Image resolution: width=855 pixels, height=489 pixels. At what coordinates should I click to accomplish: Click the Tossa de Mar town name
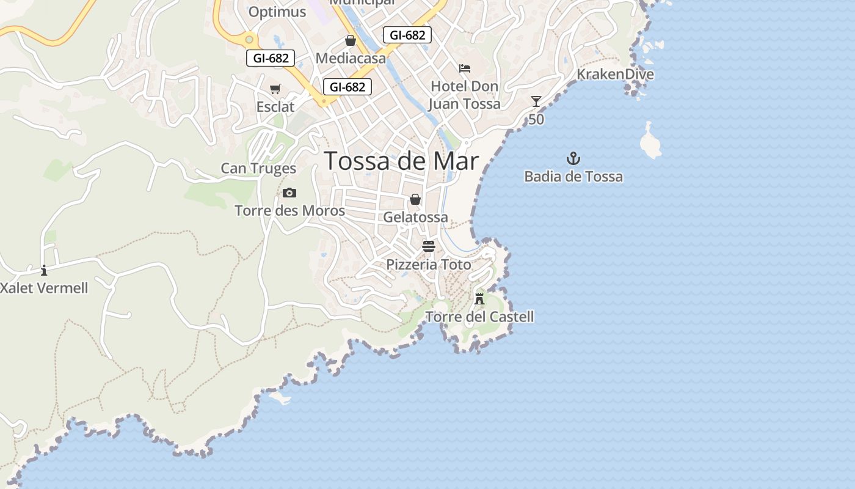(401, 161)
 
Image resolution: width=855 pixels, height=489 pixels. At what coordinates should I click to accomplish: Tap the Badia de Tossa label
(573, 177)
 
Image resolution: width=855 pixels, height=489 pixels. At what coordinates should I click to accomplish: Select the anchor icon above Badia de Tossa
(573, 159)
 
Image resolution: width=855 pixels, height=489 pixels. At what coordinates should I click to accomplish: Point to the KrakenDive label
(615, 75)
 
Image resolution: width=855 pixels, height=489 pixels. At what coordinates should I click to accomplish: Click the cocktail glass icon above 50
(536, 101)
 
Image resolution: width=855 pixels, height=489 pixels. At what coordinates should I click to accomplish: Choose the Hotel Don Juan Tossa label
(464, 95)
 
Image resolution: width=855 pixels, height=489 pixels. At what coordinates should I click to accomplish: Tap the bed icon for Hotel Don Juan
(465, 68)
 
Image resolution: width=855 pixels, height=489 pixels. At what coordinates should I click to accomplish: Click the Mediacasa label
(351, 58)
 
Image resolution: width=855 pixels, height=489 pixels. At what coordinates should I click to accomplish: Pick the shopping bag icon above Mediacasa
(351, 40)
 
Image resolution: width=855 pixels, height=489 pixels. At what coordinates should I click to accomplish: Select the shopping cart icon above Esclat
(275, 89)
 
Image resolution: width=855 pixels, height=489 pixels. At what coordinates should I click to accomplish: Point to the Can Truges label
(258, 168)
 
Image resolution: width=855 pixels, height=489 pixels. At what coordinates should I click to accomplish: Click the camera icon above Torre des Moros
(289, 193)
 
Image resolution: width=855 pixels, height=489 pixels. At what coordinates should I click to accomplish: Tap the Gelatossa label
(415, 217)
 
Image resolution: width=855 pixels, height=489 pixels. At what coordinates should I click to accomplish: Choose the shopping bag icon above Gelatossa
(415, 199)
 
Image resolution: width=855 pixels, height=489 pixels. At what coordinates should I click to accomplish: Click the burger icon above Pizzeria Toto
(429, 246)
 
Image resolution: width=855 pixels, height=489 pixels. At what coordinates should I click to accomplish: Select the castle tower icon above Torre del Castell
(479, 299)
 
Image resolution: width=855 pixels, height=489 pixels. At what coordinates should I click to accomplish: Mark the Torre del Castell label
(479, 317)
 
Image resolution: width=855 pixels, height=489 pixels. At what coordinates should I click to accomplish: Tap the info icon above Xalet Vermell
(44, 270)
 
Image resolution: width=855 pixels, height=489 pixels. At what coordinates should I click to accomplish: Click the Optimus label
(277, 12)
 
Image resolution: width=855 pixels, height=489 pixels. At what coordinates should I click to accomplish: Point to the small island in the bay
(650, 142)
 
